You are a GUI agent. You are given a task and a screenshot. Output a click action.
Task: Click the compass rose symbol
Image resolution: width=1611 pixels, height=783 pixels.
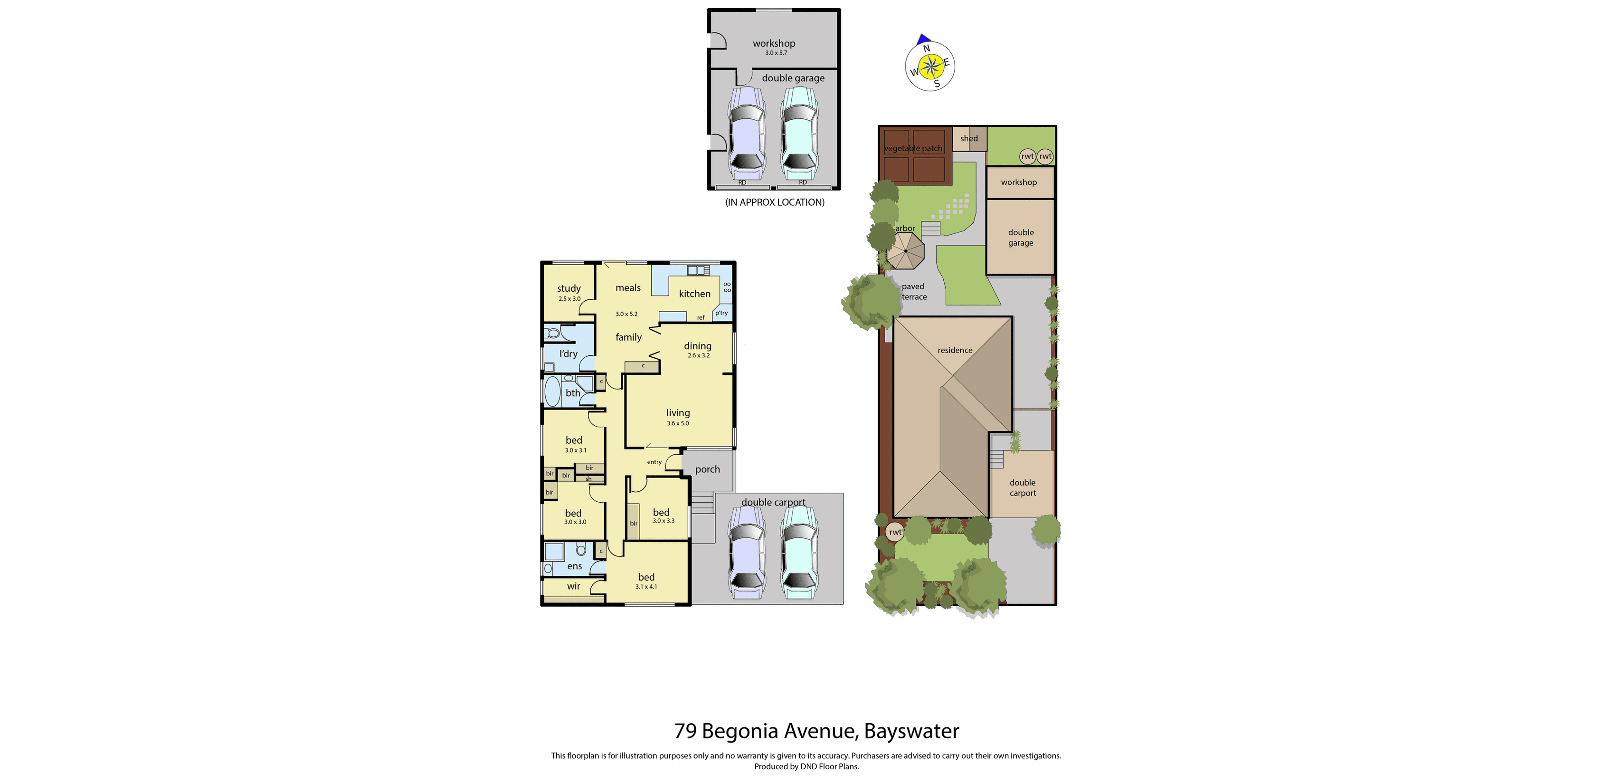coord(930,66)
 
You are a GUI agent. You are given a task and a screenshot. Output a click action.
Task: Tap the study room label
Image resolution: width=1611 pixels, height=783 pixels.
coord(569,288)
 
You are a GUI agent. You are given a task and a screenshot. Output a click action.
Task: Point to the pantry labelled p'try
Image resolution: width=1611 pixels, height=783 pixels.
coord(721,313)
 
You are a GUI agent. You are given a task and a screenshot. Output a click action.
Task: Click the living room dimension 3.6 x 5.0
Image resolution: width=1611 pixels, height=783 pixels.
coord(677,423)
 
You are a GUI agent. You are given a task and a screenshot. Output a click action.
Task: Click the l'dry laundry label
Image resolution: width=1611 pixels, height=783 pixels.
coord(569,354)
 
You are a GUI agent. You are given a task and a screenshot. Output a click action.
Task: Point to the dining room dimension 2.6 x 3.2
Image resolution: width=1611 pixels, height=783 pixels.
coord(698,356)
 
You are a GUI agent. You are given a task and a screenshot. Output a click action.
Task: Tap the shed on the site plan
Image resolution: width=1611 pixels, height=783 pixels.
coord(969,139)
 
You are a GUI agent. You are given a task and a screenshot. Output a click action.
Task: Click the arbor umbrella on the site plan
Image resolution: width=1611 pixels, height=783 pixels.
coord(905,251)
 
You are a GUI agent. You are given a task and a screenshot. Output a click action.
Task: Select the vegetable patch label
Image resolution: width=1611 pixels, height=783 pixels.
coord(912,149)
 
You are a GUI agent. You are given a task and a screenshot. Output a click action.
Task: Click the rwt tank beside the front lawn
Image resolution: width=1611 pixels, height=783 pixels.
coord(895,532)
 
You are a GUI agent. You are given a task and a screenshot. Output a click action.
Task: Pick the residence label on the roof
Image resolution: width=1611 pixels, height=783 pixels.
coord(954,350)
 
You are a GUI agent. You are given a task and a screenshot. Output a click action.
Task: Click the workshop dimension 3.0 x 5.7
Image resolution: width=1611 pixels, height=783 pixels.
coord(776,53)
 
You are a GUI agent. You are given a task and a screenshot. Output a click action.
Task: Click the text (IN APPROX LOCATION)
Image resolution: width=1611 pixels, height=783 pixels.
coord(774,202)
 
